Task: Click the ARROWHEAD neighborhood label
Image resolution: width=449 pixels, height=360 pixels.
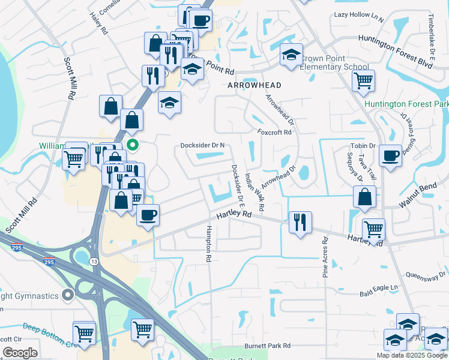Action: (x=255, y=86)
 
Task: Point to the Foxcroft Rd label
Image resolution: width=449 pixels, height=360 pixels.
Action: (x=274, y=133)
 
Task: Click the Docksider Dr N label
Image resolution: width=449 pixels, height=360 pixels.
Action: (x=203, y=145)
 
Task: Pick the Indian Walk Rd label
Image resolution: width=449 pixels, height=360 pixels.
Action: (x=255, y=192)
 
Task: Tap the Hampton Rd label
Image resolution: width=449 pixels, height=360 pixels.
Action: (x=209, y=244)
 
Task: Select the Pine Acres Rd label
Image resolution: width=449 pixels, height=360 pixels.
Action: (x=325, y=257)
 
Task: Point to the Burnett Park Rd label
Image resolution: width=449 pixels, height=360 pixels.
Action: (x=267, y=346)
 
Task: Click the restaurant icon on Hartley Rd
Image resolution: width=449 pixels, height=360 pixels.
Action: (x=298, y=222)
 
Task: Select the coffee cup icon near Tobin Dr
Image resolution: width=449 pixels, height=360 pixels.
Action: (x=390, y=155)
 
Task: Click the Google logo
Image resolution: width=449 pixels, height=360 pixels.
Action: (x=20, y=353)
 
